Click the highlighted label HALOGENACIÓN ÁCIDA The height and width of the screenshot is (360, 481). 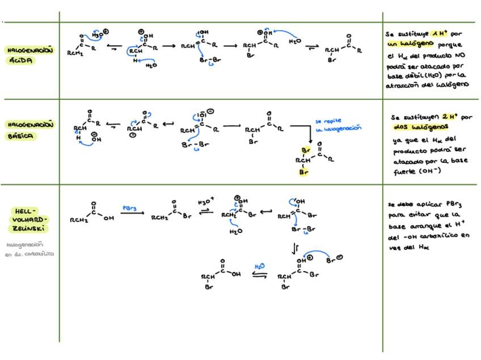30,55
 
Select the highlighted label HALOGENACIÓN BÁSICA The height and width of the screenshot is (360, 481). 30,130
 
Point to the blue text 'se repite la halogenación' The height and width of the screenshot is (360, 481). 337,125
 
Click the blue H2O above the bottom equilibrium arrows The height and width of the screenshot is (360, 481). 259,266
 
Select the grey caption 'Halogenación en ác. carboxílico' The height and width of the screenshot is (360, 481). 29,249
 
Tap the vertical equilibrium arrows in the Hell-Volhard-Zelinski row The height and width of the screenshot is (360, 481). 294,248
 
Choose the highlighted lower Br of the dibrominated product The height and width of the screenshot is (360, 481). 303,171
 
